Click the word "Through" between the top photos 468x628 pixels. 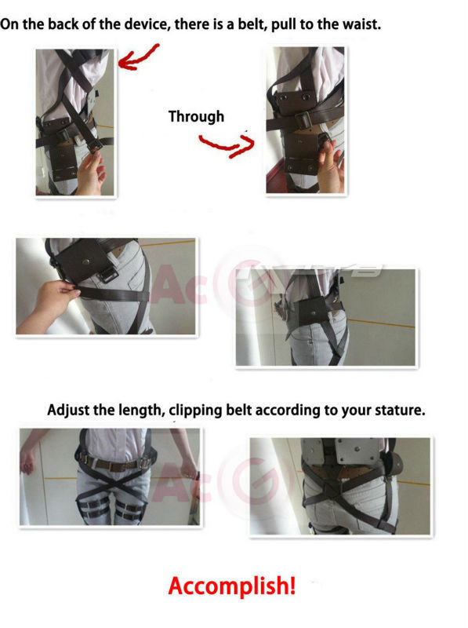pyautogui.click(x=196, y=117)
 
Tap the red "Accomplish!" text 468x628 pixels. pyautogui.click(x=232, y=586)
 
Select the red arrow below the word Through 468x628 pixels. pyautogui.click(x=227, y=145)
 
